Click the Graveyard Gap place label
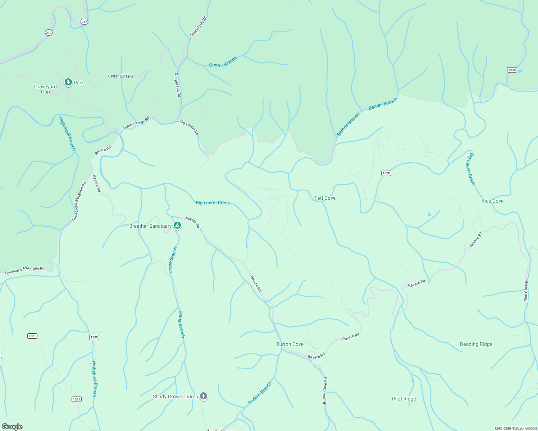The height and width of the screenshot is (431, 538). tap(45, 89)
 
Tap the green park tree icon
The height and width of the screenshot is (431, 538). tap(68, 82)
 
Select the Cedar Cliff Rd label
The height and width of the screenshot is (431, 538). tap(120, 76)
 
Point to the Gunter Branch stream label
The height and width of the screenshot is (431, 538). tap(223, 62)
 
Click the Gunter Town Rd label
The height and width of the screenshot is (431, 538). tap(136, 122)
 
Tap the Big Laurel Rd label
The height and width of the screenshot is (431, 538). tap(189, 128)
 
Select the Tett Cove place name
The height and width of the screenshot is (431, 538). tap(325, 198)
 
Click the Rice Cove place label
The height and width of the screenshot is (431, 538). tap(492, 201)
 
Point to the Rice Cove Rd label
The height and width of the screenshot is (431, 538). tap(526, 290)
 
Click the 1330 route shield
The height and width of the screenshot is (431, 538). tap(512, 70)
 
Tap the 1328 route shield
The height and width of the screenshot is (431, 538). tap(386, 173)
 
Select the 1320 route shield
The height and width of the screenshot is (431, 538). tap(94, 337)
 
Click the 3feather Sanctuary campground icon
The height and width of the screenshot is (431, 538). tap(177, 226)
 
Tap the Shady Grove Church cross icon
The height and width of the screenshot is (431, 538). tap(204, 396)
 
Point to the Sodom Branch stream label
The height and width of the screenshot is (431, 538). tap(260, 393)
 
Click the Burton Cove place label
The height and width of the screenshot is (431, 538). tap(289, 344)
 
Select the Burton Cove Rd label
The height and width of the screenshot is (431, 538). tap(325, 391)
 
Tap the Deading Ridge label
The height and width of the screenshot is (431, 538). tap(476, 344)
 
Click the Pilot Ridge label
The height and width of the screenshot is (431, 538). tap(404, 399)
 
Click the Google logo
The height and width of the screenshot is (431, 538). tap(12, 426)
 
